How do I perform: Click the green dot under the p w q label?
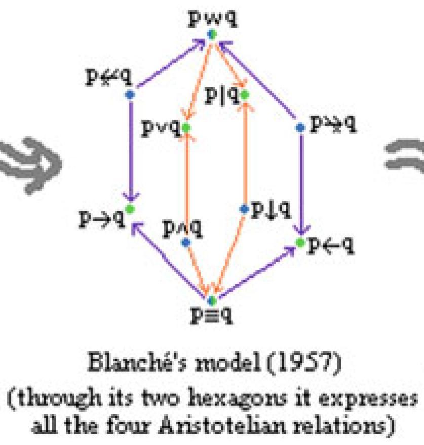pyautogui.click(x=212, y=35)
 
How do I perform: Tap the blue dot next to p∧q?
pyautogui.click(x=185, y=242)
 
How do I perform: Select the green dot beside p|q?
pyautogui.click(x=245, y=95)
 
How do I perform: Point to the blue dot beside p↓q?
pyautogui.click(x=244, y=209)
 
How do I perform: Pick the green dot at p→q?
pyautogui.click(x=130, y=208)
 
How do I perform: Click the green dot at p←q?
pyautogui.click(x=300, y=243)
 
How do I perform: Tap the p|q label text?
pyautogui.click(x=222, y=95)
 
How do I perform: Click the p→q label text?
pyautogui.click(x=102, y=217)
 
